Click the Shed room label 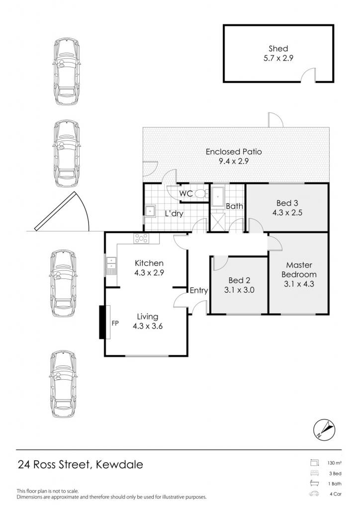coord(278,49)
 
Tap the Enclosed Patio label coord(234,152)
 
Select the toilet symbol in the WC coord(201,194)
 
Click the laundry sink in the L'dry coord(150,211)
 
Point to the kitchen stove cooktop coord(141,239)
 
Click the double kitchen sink coord(111,263)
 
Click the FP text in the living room coord(115,323)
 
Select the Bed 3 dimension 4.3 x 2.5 coord(287,213)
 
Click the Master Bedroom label coord(299,270)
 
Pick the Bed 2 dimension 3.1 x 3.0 coord(239,290)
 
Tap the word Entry coord(199,290)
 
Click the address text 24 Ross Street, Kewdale coord(80,465)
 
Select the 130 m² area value coord(334,463)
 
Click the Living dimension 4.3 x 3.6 coord(148,326)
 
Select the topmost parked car coord(67,72)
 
